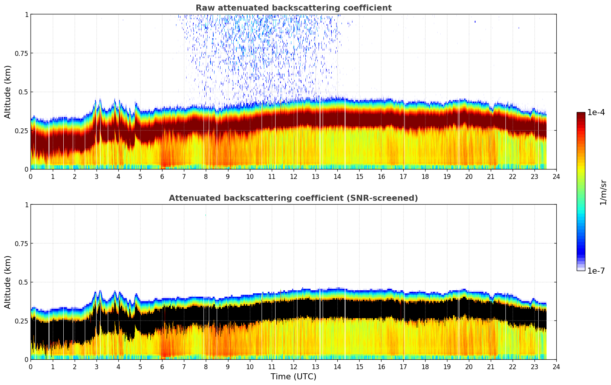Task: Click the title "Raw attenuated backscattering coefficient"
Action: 293,8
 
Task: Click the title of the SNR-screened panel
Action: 293,198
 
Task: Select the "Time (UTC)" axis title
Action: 293,377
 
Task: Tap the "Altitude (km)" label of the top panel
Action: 8,92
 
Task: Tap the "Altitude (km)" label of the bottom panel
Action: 8,282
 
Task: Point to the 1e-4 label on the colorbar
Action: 596,112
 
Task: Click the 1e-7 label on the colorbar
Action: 596,271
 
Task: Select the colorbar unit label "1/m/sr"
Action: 603,192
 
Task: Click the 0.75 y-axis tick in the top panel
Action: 21,53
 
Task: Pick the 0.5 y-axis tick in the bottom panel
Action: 23,282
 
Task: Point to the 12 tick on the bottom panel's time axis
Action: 294,367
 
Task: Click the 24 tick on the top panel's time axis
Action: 556,176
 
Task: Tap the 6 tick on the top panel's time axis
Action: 162,176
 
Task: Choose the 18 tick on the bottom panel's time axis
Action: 425,367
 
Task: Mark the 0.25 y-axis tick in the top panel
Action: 21,131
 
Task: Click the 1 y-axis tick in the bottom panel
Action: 26,205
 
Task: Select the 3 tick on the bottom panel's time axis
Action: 96,367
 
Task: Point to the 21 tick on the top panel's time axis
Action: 491,176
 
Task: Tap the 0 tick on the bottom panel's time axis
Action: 31,367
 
